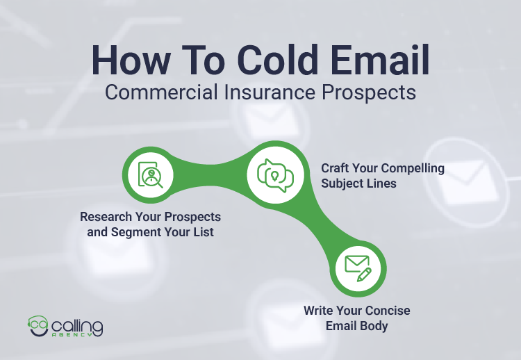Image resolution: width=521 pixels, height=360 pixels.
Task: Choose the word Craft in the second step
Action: (336, 168)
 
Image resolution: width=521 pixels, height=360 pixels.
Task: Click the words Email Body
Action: (357, 325)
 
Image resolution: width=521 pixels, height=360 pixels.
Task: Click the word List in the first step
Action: (202, 232)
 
